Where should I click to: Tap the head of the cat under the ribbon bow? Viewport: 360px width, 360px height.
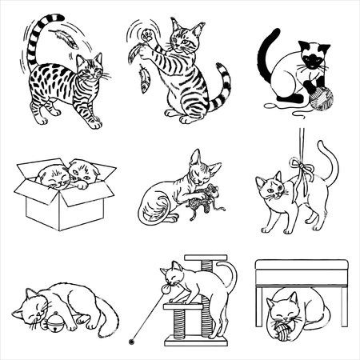[x=272, y=190]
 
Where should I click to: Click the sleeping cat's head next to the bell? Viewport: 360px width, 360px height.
[x=32, y=308]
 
